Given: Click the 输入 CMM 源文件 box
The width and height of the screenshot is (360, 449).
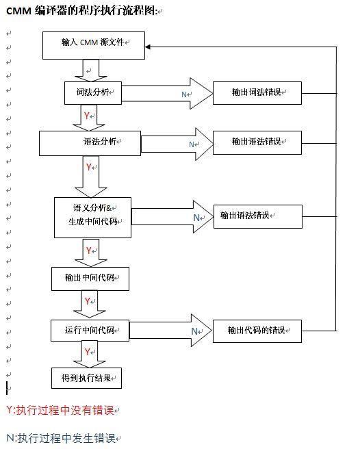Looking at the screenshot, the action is [94, 46].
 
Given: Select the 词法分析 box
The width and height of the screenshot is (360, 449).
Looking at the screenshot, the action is [93, 93].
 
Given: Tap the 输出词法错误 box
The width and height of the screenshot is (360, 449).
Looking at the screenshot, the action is [257, 93].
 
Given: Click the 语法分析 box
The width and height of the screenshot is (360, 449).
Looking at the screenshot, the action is [90, 144].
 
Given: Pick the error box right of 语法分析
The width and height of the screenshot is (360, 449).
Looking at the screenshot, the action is [257, 142].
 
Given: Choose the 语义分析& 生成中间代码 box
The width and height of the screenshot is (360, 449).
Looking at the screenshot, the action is [93, 218].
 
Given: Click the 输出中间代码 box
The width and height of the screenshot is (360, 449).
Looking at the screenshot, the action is [90, 279].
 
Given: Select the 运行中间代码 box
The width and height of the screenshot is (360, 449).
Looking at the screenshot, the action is [90, 331].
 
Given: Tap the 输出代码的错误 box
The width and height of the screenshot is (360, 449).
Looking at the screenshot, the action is [257, 331].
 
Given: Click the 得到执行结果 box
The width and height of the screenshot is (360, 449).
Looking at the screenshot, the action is [86, 379].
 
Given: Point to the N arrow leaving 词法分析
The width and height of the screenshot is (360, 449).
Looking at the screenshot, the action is [167, 93].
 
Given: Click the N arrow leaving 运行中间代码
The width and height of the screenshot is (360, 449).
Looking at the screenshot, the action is [170, 331].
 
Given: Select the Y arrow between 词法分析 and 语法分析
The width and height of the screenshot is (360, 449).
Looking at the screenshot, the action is [89, 118].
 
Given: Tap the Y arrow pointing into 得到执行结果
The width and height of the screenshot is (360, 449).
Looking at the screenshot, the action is [90, 355].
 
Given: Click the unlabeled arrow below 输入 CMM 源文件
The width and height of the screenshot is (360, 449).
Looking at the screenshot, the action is [91, 70].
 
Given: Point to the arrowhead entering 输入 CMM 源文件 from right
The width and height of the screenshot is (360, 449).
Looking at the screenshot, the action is [148, 47].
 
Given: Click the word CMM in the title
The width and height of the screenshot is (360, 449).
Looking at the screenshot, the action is [18, 11].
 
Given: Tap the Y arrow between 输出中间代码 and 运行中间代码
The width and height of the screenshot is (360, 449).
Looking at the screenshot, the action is [90, 305].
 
